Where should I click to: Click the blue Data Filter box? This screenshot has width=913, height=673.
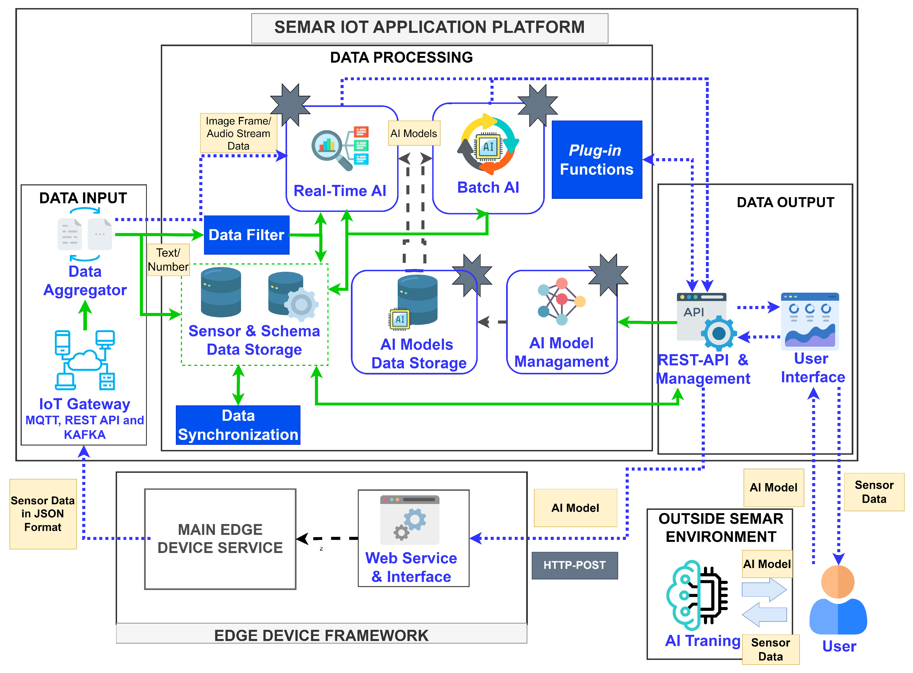tap(246, 235)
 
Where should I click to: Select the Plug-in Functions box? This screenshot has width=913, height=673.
tap(597, 160)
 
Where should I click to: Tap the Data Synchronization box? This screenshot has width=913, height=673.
tap(238, 425)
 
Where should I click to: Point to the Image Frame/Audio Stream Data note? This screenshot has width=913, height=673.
tap(239, 133)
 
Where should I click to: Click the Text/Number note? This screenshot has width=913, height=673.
tap(168, 260)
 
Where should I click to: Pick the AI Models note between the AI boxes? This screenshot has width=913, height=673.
tap(414, 133)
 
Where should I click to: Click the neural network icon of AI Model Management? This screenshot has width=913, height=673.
tap(562, 302)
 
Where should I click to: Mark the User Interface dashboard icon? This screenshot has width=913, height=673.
tap(810, 321)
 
